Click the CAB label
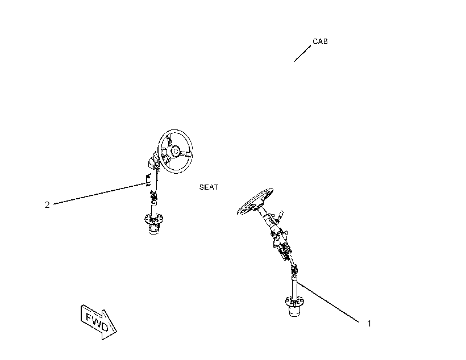(x=320, y=41)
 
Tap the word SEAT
(x=209, y=187)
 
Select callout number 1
(x=369, y=324)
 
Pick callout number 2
(x=47, y=204)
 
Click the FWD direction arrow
(x=99, y=322)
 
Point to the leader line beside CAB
(x=302, y=53)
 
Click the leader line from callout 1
(x=328, y=302)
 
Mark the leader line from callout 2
(x=101, y=194)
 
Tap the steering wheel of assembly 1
(x=255, y=201)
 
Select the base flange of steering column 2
(x=153, y=220)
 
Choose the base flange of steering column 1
(x=294, y=302)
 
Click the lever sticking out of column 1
(x=280, y=216)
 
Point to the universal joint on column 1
(x=294, y=270)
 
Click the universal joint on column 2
(x=153, y=195)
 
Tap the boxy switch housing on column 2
(x=153, y=162)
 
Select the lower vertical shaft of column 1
(x=294, y=287)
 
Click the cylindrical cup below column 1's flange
(x=294, y=311)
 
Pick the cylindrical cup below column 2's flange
(x=153, y=229)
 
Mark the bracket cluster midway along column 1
(x=281, y=241)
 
